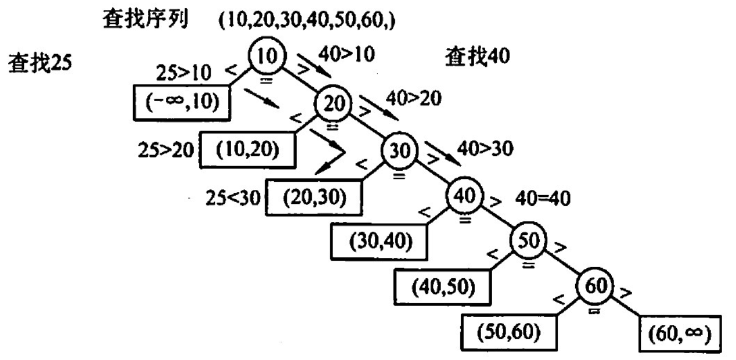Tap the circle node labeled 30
(x=399, y=151)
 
